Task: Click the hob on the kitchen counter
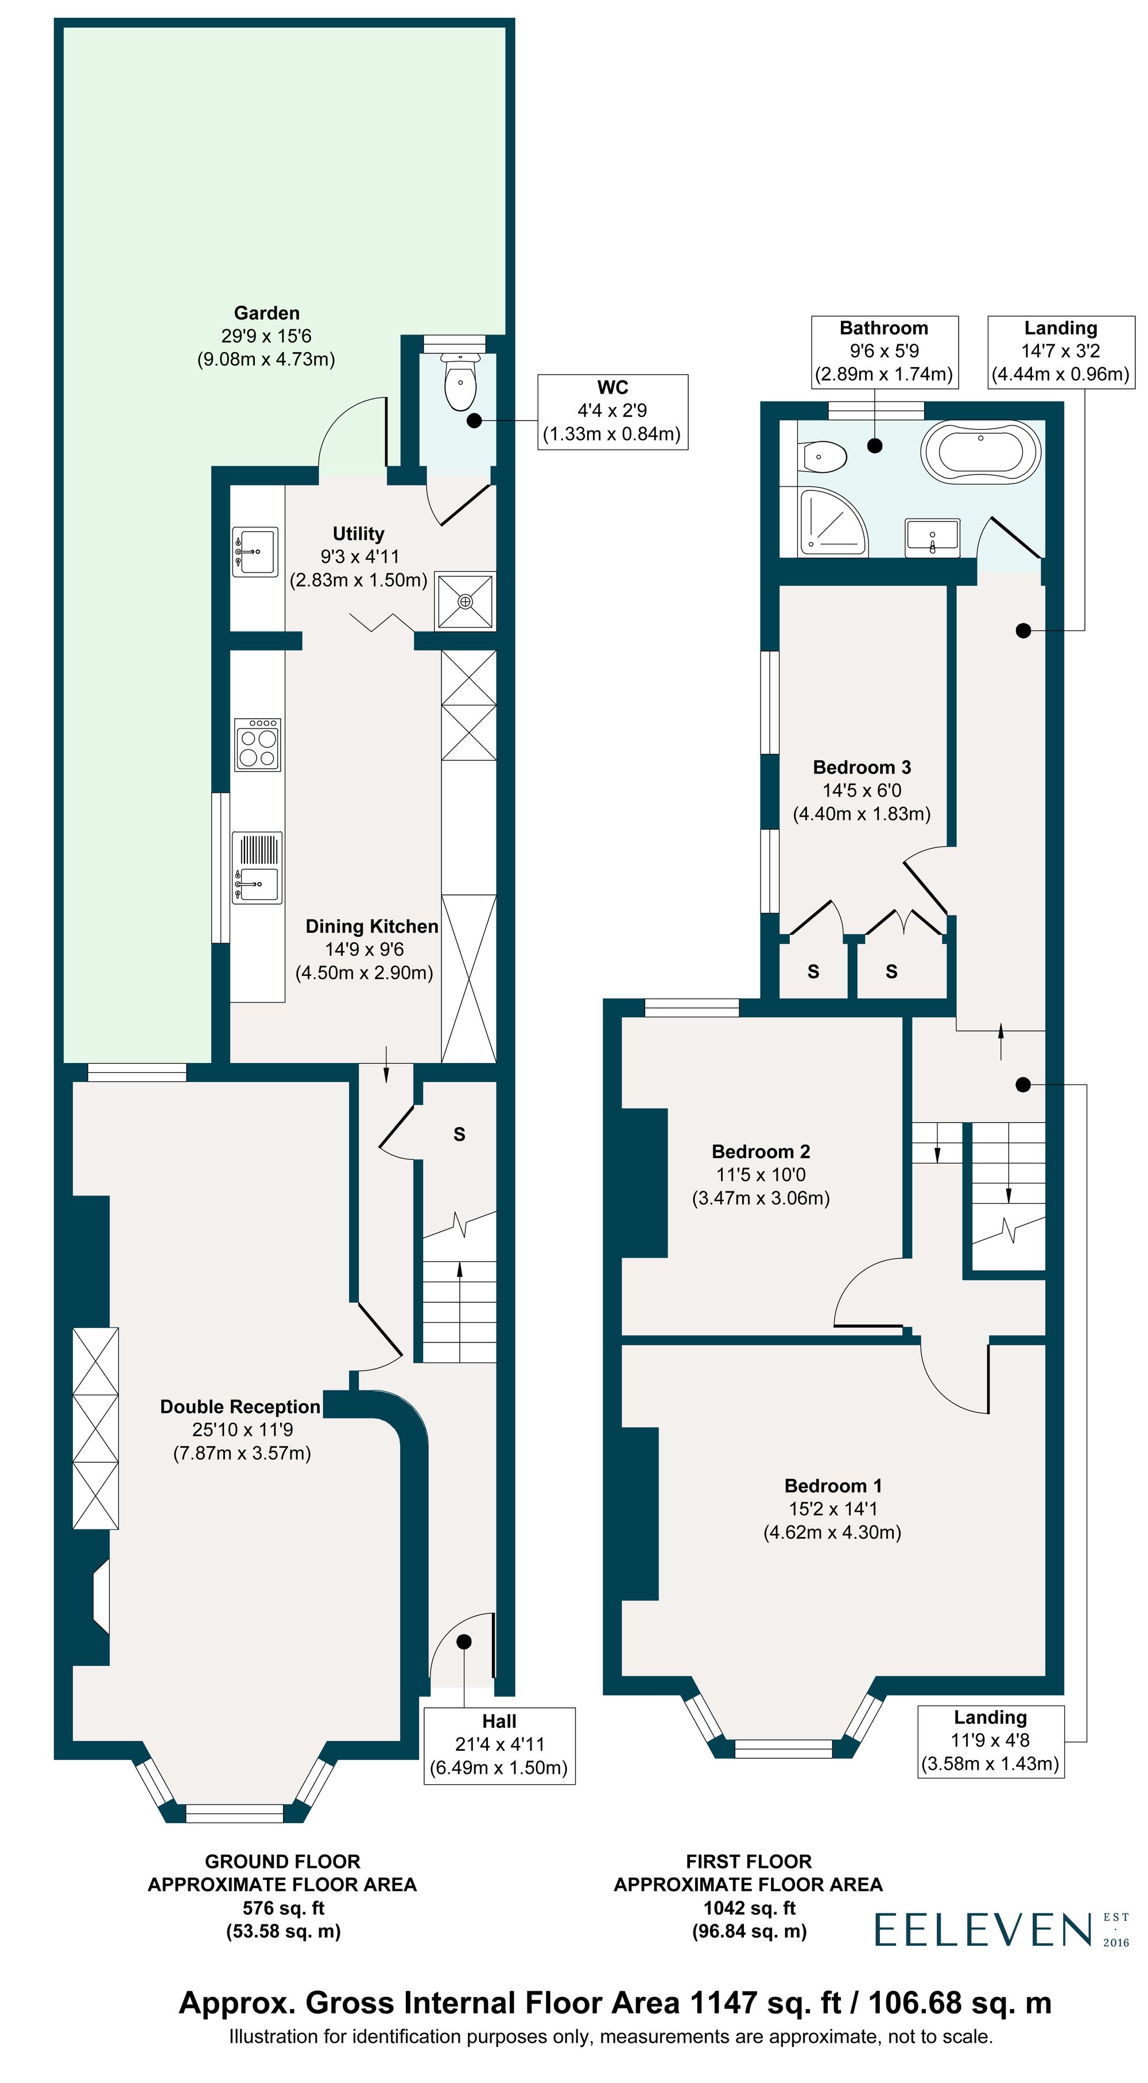pyautogui.click(x=257, y=745)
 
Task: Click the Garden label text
pyautogui.click(x=266, y=313)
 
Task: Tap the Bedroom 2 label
pyautogui.click(x=761, y=1151)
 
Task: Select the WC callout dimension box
pyautogui.click(x=612, y=411)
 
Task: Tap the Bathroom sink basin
pyautogui.click(x=933, y=537)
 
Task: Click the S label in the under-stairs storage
pyautogui.click(x=459, y=1135)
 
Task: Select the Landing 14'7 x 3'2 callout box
pyautogui.click(x=1061, y=351)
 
